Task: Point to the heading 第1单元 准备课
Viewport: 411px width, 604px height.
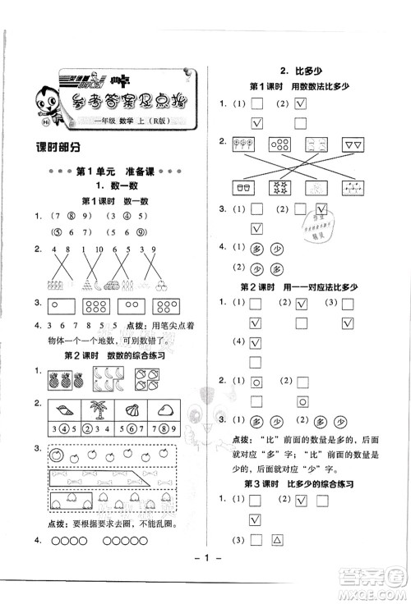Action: tap(112, 172)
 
